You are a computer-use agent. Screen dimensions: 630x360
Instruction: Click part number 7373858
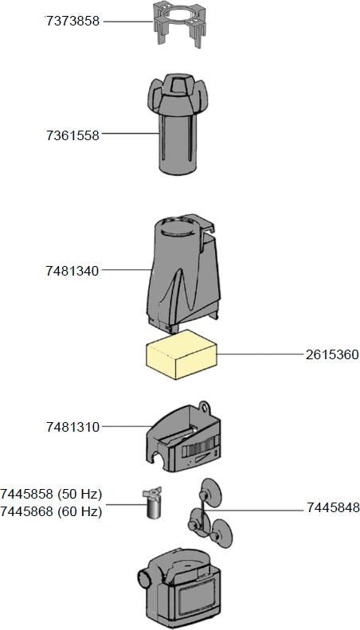click(x=72, y=22)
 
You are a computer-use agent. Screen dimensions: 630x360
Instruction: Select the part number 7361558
click(x=72, y=135)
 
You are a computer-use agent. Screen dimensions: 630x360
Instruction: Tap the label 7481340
click(x=72, y=271)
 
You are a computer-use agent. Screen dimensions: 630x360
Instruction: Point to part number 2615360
click(x=331, y=354)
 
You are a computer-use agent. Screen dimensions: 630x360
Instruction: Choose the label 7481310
click(x=72, y=427)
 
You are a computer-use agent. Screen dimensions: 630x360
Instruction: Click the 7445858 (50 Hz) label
click(x=52, y=495)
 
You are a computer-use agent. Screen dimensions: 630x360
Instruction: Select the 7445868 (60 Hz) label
click(x=52, y=512)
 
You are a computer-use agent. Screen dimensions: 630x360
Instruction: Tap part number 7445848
click(x=331, y=507)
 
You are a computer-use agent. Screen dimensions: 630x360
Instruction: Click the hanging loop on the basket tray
click(x=205, y=407)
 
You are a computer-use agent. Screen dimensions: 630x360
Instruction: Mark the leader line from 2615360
click(x=259, y=354)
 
